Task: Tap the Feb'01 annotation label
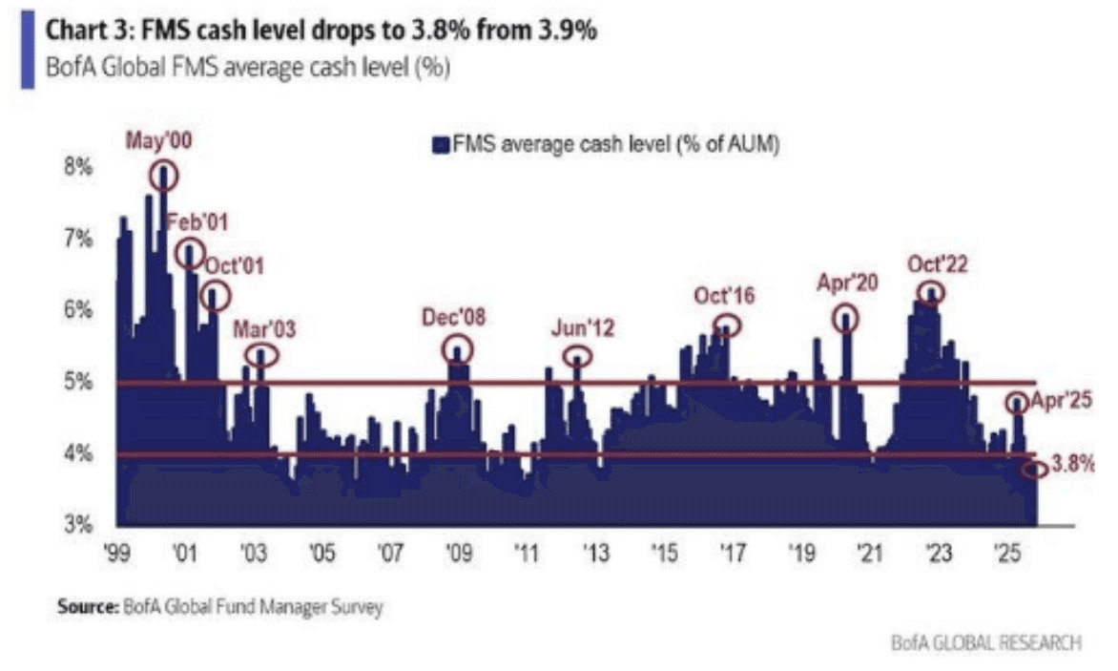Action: click(197, 222)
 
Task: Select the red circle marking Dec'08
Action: click(458, 348)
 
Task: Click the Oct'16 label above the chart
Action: click(724, 296)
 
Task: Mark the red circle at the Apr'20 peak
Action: click(846, 319)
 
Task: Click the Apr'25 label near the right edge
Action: click(1054, 402)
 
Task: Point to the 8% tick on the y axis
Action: click(78, 168)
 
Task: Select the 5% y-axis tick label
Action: click(78, 382)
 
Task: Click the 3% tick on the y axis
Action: click(78, 524)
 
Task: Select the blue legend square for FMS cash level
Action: click(441, 145)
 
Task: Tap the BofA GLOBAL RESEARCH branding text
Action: click(985, 643)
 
